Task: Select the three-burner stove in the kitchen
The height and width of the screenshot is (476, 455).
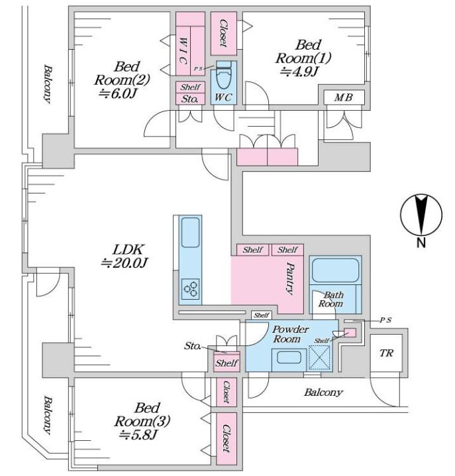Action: (x=191, y=289)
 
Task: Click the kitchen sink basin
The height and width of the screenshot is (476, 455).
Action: (x=191, y=232)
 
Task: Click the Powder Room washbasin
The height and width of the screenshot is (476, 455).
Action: (x=289, y=357)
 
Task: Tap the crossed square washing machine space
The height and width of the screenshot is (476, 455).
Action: (x=319, y=357)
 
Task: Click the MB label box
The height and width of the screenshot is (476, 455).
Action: (x=344, y=97)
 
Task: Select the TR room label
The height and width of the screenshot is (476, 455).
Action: (x=386, y=353)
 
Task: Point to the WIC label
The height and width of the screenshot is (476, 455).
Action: (x=182, y=50)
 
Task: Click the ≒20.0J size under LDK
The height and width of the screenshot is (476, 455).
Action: (x=125, y=263)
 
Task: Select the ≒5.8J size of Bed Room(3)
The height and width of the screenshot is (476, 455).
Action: (x=138, y=435)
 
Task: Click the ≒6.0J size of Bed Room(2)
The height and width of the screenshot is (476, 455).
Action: (x=117, y=93)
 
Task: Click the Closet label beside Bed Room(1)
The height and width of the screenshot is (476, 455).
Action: (x=224, y=33)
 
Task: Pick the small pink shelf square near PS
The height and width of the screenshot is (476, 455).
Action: (x=350, y=333)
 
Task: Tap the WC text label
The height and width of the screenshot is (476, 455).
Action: (x=223, y=97)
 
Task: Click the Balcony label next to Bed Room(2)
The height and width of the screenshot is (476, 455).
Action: (x=47, y=84)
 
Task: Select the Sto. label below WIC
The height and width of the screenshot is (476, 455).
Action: (x=189, y=99)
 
